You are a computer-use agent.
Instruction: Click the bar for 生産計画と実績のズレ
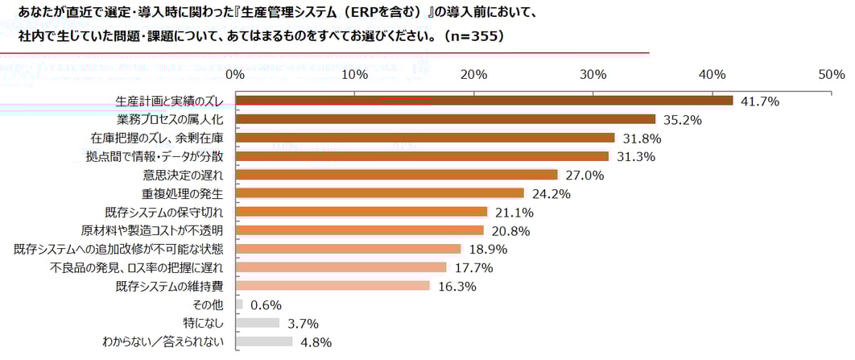point(484,101)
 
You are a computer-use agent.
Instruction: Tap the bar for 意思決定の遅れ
point(396,175)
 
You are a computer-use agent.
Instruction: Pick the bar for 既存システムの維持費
point(332,286)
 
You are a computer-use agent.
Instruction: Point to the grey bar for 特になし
point(258,323)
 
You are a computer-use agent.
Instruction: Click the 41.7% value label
point(759,101)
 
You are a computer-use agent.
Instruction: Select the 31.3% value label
point(635,156)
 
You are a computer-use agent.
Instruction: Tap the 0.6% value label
point(266,304)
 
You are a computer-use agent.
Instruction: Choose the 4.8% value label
point(316,341)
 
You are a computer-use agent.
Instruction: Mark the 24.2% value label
point(551,193)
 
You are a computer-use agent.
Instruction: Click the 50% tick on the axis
point(831,74)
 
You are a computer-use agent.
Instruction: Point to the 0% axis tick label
point(235,74)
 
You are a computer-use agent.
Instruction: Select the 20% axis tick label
point(473,74)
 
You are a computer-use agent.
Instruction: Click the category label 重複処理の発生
point(182,193)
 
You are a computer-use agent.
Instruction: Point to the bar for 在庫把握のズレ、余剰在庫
point(424,138)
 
